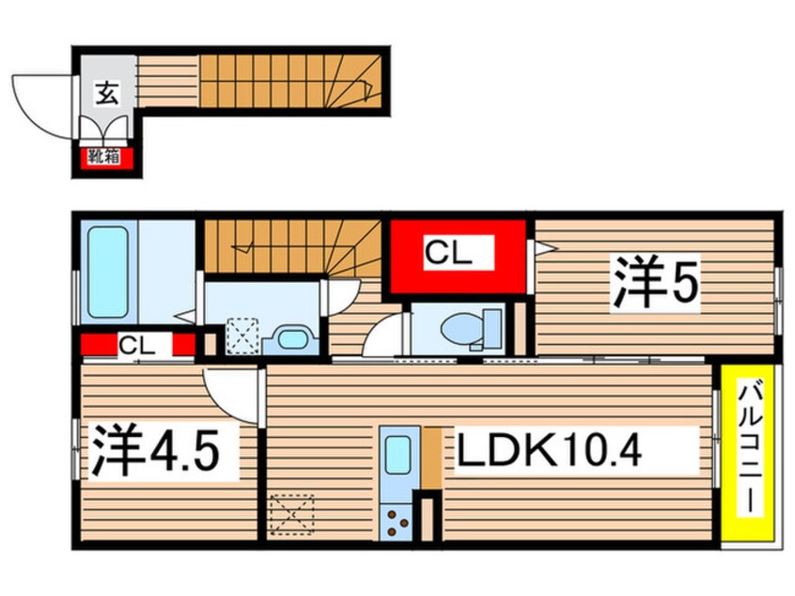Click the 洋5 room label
pos(657,282)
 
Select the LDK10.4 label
pos(550,454)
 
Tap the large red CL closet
pos(459,254)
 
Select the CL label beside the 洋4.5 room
pos(137,345)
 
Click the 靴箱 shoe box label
pos(103,157)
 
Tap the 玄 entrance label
pos(104,93)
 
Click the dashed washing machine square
pos(242,336)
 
